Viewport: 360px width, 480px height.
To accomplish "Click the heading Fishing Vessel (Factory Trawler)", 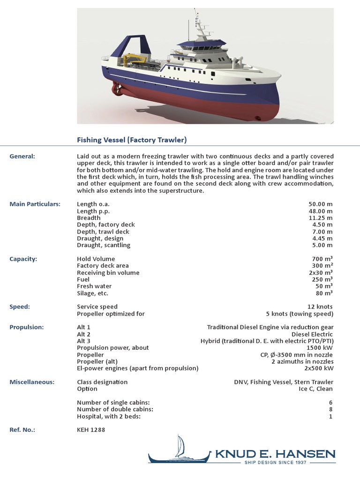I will [x=132, y=140].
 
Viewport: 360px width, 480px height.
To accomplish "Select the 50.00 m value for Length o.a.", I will [x=321, y=204].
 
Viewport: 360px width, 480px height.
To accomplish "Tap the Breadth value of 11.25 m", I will [x=321, y=218].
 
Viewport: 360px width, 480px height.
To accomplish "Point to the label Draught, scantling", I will [x=104, y=245].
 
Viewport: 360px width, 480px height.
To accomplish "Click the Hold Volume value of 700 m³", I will [x=322, y=259].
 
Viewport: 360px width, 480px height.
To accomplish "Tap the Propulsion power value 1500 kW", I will [x=320, y=348].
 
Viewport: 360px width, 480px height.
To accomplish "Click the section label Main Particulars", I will [x=35, y=204].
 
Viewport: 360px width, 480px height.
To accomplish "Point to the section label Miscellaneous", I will [x=32, y=382].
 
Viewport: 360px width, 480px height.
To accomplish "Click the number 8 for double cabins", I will [x=331, y=409].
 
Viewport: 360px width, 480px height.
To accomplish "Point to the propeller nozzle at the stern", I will [x=117, y=89].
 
